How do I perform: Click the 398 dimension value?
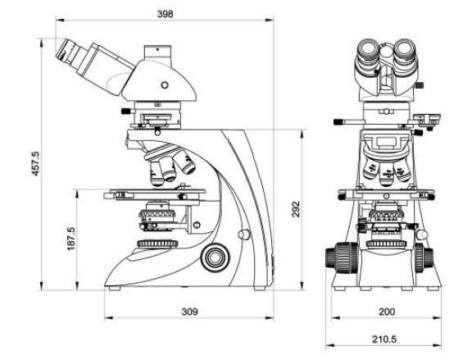tap(165, 14)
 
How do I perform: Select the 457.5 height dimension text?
tap(35, 163)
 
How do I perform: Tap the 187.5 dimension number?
tap(71, 239)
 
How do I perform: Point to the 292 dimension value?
tap(296, 209)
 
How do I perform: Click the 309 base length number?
tap(189, 312)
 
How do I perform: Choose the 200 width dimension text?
tap(386, 312)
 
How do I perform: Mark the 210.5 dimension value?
tap(384, 339)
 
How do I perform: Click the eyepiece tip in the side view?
tap(64, 49)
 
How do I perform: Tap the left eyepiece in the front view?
tap(368, 49)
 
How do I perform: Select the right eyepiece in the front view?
tap(405, 49)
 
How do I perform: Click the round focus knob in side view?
tap(216, 257)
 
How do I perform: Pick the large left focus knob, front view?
tap(342, 257)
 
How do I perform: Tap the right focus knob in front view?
tap(424, 257)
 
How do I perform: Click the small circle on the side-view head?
tap(165, 85)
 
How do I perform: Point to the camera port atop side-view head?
tap(157, 52)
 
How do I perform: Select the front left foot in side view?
tap(115, 289)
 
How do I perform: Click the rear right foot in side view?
tap(260, 289)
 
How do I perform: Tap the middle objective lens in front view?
tap(386, 175)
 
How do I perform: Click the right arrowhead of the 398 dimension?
tap(269, 21)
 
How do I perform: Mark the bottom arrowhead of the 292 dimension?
tap(302, 285)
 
